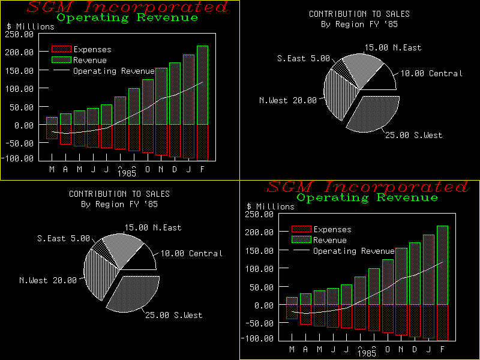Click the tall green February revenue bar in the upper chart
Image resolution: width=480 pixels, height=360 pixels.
coord(202,84)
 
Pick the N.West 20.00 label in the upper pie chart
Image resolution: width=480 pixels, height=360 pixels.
coord(287,100)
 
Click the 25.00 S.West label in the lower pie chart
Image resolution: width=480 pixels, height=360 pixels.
coord(173,315)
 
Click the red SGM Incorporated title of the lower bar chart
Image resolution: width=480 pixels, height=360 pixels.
coord(367,187)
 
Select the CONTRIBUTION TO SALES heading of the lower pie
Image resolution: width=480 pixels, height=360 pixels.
coord(119,194)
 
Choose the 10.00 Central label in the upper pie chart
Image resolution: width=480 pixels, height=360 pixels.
coord(431,73)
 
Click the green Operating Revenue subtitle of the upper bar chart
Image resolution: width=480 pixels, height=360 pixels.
coord(127,17)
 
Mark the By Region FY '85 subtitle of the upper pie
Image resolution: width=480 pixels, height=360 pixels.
coord(359,25)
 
